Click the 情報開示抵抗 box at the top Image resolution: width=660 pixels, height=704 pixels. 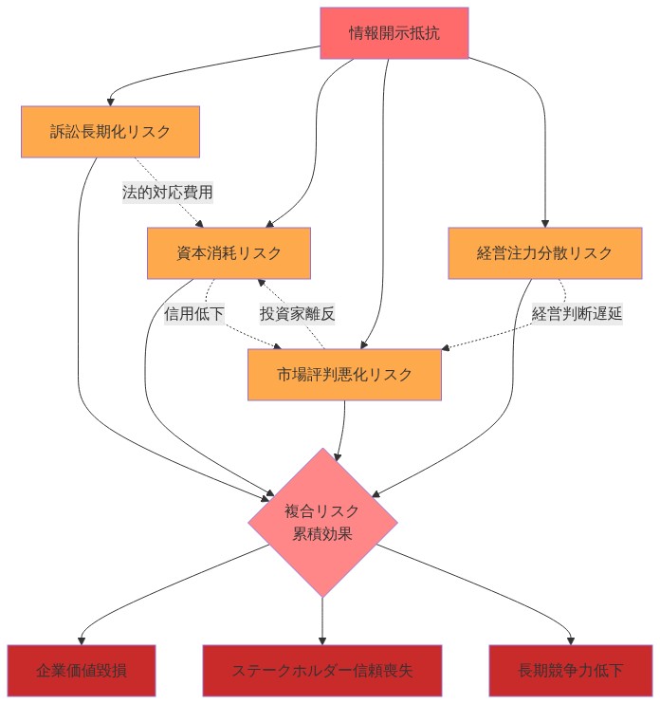[x=394, y=33]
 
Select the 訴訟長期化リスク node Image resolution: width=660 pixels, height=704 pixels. [x=110, y=132]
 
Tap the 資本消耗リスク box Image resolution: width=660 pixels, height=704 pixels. [x=229, y=253]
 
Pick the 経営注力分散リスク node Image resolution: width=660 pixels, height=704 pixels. [x=544, y=253]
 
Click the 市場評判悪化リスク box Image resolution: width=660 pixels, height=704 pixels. [x=345, y=375]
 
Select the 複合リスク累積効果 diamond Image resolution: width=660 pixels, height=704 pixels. [x=322, y=523]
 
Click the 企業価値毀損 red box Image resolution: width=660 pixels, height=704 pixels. [x=82, y=671]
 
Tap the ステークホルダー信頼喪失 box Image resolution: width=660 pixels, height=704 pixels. [x=322, y=671]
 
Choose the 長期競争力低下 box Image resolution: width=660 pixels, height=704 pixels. [x=571, y=671]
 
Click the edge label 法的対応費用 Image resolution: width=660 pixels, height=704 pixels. [x=168, y=193]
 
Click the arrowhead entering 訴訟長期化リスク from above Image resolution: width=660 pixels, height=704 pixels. [x=111, y=102]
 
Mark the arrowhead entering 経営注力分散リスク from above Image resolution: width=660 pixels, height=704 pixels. [x=545, y=223]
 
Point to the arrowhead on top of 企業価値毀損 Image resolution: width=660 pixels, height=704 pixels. [x=82, y=640]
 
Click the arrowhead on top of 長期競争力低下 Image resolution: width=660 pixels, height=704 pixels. [x=571, y=640]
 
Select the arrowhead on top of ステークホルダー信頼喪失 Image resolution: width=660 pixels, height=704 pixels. [x=322, y=640]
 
